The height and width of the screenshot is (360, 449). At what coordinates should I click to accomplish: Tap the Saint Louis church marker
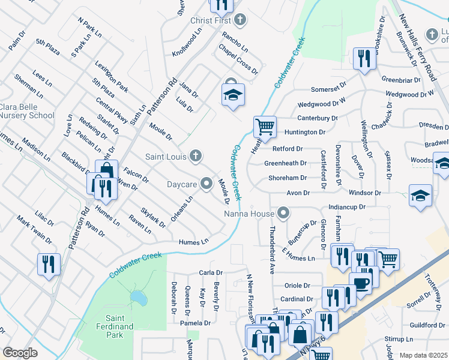coord(195,157)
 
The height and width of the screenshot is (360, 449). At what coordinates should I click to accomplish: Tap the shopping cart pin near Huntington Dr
coord(264,127)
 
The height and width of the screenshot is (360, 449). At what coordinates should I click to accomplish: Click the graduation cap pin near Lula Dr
coord(233,95)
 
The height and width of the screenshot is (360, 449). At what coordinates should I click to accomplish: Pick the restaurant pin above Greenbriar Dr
coord(363,59)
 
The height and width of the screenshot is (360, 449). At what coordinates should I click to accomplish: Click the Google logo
coord(20,353)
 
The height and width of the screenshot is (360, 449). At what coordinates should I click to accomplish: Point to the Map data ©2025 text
coord(423,355)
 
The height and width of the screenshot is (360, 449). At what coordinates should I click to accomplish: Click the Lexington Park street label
coord(111,76)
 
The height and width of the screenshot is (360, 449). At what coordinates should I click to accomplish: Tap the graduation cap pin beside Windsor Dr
coord(421,196)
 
